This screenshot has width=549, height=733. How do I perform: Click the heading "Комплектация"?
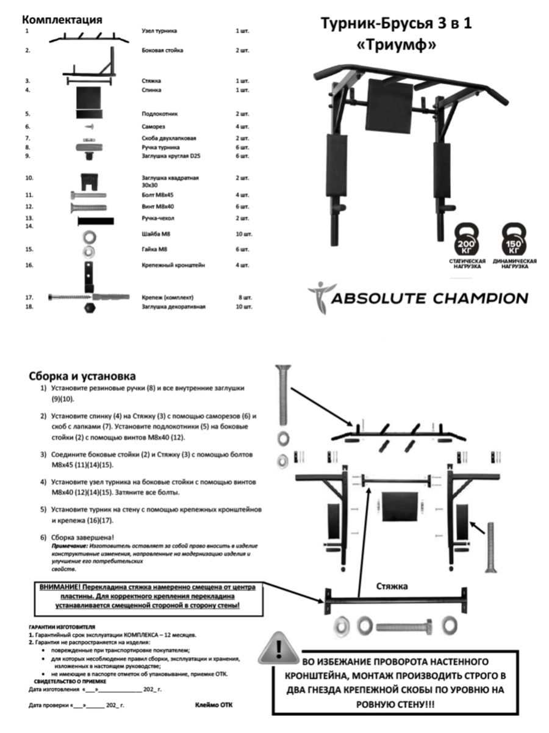[x=62, y=20]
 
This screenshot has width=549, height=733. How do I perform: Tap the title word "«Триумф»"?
[x=396, y=45]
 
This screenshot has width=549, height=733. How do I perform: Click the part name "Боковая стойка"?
[x=162, y=50]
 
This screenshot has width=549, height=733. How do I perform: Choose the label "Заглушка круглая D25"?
[x=168, y=156]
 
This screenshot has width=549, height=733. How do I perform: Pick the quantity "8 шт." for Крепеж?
[x=244, y=297]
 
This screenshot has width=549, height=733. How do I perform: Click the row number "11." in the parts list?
[x=29, y=195]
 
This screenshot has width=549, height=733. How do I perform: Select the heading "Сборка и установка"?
[x=82, y=376]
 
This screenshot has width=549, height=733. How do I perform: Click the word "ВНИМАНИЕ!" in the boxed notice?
[x=60, y=586]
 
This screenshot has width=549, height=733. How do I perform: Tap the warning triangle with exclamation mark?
[x=279, y=648]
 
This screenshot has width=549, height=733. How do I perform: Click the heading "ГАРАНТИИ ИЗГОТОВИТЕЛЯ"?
[x=62, y=627]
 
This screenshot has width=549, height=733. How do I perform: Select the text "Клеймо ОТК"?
[x=213, y=704]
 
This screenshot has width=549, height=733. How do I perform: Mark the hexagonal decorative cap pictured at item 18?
[x=89, y=307]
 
